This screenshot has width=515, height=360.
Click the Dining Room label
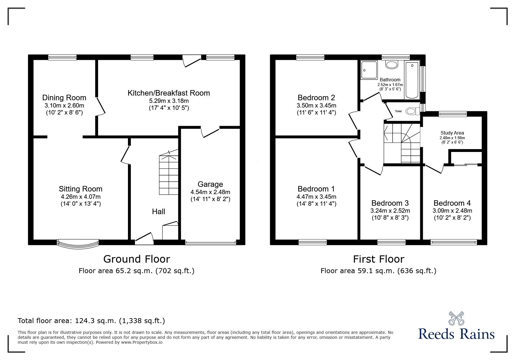point(64,98)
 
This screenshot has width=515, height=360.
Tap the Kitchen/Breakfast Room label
point(169,93)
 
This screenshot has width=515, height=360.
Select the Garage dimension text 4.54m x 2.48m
point(210,192)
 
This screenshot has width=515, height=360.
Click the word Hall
point(158,212)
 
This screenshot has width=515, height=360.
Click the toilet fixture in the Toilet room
point(412,111)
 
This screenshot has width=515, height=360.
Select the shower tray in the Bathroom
point(369,70)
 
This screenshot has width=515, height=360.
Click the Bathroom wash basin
point(391,65)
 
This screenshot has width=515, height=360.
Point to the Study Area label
point(452,133)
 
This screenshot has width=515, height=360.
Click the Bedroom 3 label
point(390,203)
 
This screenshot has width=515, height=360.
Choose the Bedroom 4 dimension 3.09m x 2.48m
point(452,211)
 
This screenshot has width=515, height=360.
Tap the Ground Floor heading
point(136,259)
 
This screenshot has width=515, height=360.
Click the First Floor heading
point(379,259)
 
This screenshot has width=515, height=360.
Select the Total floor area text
point(91,321)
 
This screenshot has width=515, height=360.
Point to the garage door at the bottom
point(211,243)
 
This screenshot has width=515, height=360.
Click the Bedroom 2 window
point(310,58)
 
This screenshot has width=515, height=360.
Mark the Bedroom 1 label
point(316,189)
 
